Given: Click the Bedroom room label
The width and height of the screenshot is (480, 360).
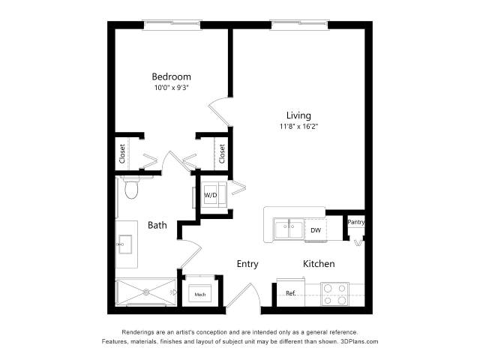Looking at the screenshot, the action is [172, 76].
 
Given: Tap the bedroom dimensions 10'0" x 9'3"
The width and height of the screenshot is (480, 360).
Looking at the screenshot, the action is [172, 88].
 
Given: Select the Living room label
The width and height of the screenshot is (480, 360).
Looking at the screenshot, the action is [298, 115].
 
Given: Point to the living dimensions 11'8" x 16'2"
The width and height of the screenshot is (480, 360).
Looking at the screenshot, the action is [299, 127].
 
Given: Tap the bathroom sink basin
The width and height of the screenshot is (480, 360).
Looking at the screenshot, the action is [125, 244].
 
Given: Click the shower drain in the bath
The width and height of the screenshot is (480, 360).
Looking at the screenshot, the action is [146, 292].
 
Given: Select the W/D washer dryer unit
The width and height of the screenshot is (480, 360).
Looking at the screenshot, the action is [211, 195].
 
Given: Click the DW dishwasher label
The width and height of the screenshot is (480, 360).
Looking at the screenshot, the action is [316, 230].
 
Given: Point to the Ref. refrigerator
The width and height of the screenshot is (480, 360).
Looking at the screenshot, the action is [291, 292].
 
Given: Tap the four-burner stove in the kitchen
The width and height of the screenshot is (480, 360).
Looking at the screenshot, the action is [335, 294].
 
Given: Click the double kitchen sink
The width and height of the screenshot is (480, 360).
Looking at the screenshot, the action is [289, 229].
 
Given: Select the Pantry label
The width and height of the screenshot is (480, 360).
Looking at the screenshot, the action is [356, 222].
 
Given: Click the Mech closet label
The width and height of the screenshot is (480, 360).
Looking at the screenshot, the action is [200, 295].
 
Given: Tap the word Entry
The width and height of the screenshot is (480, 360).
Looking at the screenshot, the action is [247, 264].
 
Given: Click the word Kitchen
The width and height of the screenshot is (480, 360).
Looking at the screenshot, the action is [319, 263].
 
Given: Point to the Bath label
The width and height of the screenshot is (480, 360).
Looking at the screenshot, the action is [157, 225].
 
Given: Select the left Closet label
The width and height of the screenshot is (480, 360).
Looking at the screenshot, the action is [122, 154].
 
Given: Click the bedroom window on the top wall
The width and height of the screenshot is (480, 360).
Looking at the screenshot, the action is [172, 25].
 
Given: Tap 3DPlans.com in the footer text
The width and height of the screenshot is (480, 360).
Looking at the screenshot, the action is [359, 341].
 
